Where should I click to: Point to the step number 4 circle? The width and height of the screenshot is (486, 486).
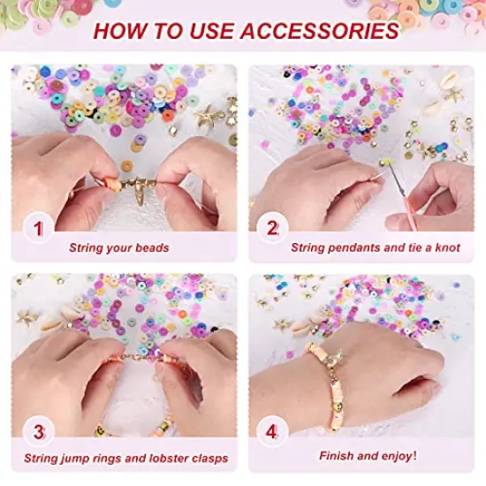tap(273, 434)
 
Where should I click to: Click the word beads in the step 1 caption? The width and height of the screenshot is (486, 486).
tap(156, 247)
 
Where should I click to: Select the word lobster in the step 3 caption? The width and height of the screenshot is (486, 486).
tap(169, 459)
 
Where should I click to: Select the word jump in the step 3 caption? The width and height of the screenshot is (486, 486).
tap(90, 459)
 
